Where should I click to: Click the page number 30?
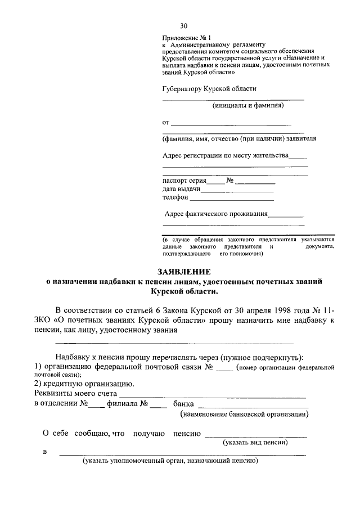tap(184, 26)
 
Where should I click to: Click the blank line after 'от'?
tap(231, 123)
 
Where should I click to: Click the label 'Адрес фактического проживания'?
tap(216, 214)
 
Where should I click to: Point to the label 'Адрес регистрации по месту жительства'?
tap(225, 156)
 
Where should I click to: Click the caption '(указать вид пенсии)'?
tap(256, 443)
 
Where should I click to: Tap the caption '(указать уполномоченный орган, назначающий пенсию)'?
tap(170, 461)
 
